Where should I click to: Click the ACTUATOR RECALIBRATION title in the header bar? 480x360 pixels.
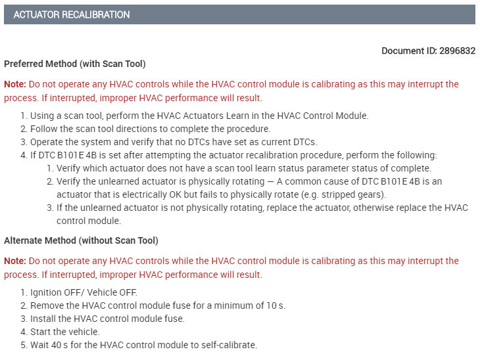tap(72, 14)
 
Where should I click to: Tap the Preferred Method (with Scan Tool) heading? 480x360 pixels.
tap(75, 64)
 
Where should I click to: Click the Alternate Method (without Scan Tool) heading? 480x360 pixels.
tap(81, 240)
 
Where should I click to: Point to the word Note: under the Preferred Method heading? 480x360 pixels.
tap(15, 84)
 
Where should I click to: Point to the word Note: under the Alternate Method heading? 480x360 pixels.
tap(15, 261)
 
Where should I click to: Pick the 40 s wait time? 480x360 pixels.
tap(57, 345)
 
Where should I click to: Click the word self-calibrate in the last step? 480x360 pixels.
tap(232, 345)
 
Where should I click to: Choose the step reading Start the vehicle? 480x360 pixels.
tap(64, 332)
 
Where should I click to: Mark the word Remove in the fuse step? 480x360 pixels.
tap(46, 305)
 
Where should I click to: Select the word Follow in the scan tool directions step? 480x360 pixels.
tap(44, 129)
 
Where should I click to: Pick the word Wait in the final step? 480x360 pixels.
tap(40, 345)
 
